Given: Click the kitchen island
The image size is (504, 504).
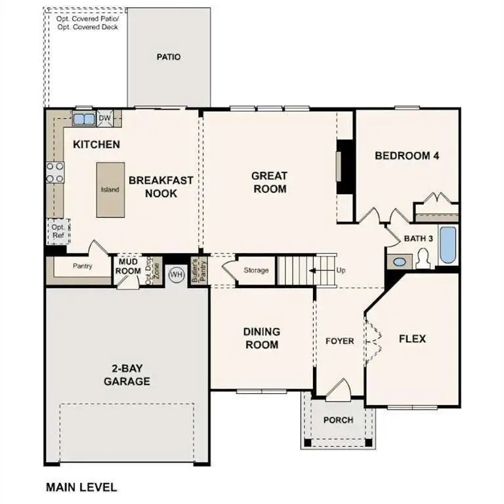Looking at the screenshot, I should pyautogui.click(x=110, y=189).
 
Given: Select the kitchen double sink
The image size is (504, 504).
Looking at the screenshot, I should pyautogui.click(x=83, y=119).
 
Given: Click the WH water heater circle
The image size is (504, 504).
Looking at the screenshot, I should pyautogui.click(x=176, y=274).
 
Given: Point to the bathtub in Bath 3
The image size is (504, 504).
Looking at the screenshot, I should pyautogui.click(x=448, y=245).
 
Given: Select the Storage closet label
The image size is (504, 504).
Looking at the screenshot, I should pyautogui.click(x=256, y=270).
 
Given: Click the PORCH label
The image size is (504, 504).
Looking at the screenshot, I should pyautogui.click(x=339, y=420).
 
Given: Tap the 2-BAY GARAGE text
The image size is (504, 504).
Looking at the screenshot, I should pyautogui.click(x=127, y=375).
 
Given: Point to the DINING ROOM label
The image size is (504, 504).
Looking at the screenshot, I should pyautogui.click(x=262, y=338).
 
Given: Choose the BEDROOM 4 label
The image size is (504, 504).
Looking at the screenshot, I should pyautogui.click(x=406, y=156).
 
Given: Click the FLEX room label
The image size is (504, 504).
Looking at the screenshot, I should pyautogui.click(x=412, y=339).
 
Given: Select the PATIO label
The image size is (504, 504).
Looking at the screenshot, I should pyautogui.click(x=168, y=57).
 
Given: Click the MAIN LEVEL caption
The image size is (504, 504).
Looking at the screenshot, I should pyautogui.click(x=81, y=487).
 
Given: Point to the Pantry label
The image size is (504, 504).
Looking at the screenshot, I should pyautogui.click(x=82, y=266).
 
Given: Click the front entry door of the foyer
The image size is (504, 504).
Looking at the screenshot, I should pyautogui.click(x=339, y=390).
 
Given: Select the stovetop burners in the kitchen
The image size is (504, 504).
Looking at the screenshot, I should pyautogui.click(x=54, y=172).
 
